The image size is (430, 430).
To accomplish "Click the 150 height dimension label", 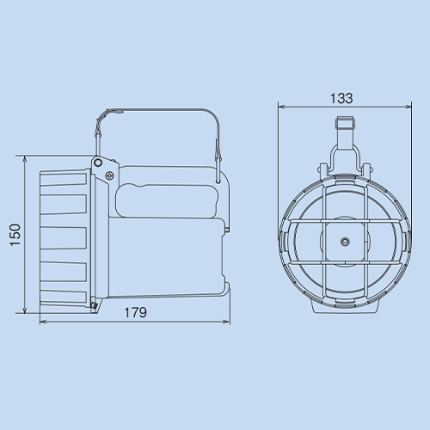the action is click(15, 235).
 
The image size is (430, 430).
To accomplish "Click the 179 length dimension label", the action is click(136, 312).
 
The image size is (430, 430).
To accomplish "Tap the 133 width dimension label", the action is click(341, 98).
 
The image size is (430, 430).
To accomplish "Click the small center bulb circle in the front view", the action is click(345, 242).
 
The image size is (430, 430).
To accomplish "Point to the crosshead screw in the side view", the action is click(110, 175).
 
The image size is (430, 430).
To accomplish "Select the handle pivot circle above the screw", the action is click(98, 163).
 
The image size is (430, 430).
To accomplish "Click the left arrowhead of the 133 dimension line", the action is click(281, 107).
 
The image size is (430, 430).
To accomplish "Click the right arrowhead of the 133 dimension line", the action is click(408, 107).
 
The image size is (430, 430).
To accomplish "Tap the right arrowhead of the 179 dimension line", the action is click(227, 322).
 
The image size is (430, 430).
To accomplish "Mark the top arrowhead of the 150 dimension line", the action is click(25, 159).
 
